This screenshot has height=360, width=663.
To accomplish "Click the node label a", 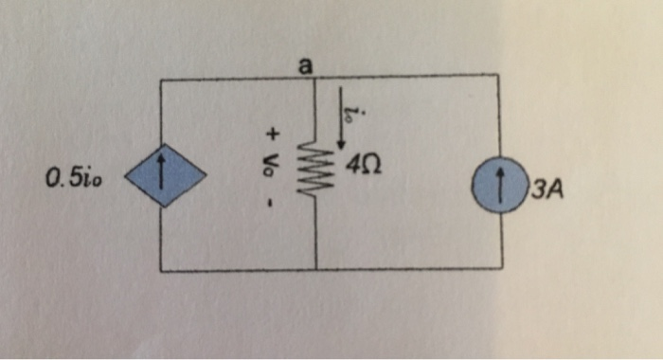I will (304, 65).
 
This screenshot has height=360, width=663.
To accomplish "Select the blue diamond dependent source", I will (160, 176).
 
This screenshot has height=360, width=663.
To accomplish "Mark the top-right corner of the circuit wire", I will (499, 77).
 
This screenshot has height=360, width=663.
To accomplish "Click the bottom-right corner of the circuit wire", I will (499, 269).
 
